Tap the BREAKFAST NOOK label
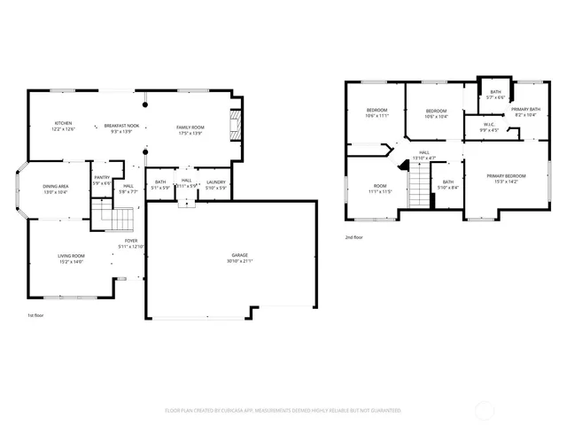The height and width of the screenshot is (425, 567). pos(122,126)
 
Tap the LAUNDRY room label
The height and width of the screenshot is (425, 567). pos(215,183)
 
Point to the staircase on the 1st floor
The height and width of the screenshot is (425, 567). pos(115,218)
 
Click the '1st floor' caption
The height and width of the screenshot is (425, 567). pos(35,315)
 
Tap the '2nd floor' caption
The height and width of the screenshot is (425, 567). pos(354,237)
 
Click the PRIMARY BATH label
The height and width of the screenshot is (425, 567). pos(524,111)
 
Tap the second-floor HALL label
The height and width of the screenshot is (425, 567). pos(424,155)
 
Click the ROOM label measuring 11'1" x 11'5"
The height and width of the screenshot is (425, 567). pos(379,189)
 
